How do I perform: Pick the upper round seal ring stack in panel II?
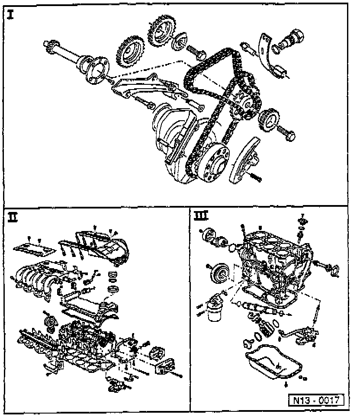click(113, 275)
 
